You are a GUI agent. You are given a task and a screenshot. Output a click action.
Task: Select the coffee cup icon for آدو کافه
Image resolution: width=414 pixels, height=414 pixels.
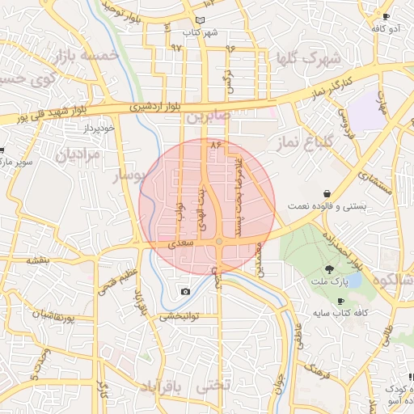tap(386, 16)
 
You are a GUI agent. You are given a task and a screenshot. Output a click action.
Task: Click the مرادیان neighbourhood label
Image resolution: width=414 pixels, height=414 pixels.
tap(78, 153)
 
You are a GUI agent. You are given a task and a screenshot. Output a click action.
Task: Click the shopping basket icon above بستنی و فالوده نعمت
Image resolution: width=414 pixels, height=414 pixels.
tap(326, 194)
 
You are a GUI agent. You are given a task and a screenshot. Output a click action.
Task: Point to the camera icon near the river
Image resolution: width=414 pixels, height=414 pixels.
tap(186, 291)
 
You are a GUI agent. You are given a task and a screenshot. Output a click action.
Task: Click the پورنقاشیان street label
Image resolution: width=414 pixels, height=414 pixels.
tap(65, 315)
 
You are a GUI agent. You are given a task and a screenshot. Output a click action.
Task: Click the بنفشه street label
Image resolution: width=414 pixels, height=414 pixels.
tap(38, 260)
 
